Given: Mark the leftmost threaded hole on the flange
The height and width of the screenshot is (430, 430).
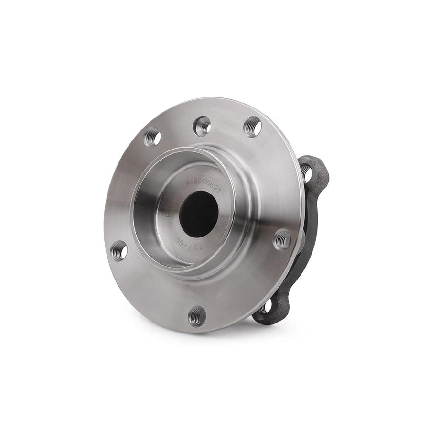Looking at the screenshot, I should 118,250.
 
